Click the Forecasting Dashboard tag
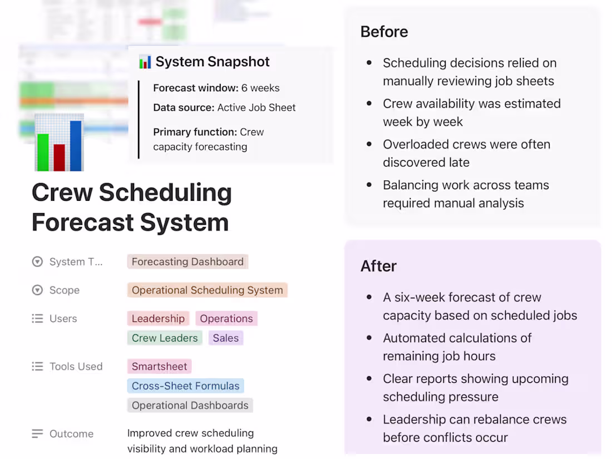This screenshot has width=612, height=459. pyautogui.click(x=187, y=261)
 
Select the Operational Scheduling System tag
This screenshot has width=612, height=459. pyautogui.click(x=207, y=290)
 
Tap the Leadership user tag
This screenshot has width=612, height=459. pyautogui.click(x=158, y=318)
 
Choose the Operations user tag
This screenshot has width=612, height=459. pyautogui.click(x=226, y=318)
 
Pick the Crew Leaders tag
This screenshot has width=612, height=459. pyautogui.click(x=165, y=338)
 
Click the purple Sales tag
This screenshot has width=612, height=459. pyautogui.click(x=225, y=338)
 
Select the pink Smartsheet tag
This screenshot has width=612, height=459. pyautogui.click(x=159, y=366)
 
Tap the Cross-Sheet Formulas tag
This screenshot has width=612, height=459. pyautogui.click(x=185, y=386)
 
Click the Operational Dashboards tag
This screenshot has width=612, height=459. pyautogui.click(x=190, y=405)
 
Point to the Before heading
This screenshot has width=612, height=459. pyautogui.click(x=384, y=32)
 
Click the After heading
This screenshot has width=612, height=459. pyautogui.click(x=378, y=266)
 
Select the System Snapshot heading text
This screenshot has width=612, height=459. pyautogui.click(x=213, y=62)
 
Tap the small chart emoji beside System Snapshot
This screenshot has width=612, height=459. pyautogui.click(x=145, y=62)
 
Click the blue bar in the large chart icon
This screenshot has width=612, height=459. pyautogui.click(x=76, y=146)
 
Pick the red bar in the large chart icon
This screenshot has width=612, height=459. pyautogui.click(x=60, y=157)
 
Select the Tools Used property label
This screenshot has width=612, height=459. pyautogui.click(x=76, y=366)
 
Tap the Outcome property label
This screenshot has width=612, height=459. pyautogui.click(x=71, y=433)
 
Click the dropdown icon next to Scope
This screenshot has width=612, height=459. pyautogui.click(x=37, y=290)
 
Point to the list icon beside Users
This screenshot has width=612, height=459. pyautogui.click(x=37, y=318)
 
